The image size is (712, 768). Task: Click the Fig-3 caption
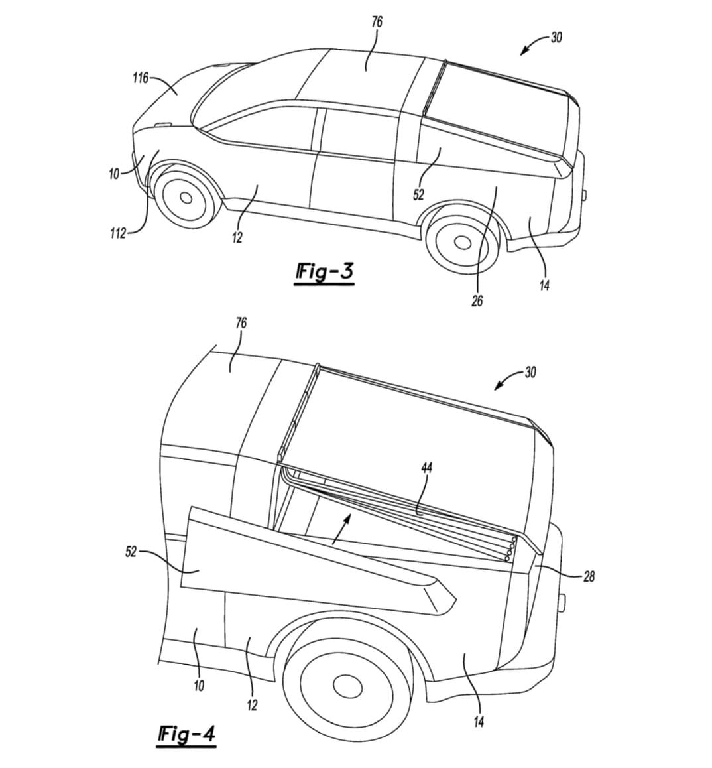pyautogui.click(x=324, y=272)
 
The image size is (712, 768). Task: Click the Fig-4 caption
pyautogui.click(x=186, y=734)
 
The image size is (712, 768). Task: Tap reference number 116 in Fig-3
pyautogui.click(x=140, y=78)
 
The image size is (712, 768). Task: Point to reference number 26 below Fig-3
pyautogui.click(x=477, y=301)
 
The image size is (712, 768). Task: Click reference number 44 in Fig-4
pyautogui.click(x=426, y=468)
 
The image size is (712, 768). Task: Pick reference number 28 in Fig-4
pyautogui.click(x=589, y=576)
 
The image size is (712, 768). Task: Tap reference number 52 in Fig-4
pyautogui.click(x=131, y=552)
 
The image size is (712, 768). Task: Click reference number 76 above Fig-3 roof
pyautogui.click(x=377, y=22)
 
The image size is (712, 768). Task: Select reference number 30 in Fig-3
pyautogui.click(x=556, y=38)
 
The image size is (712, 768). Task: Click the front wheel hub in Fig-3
pyautogui.click(x=186, y=198)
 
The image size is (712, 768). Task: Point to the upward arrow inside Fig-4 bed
pyautogui.click(x=341, y=529)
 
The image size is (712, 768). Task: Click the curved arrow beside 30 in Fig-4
pyautogui.click(x=507, y=380)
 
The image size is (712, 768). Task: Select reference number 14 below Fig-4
pyautogui.click(x=479, y=722)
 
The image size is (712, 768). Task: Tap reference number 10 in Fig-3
pyautogui.click(x=114, y=174)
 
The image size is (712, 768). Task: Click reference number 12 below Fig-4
pyautogui.click(x=252, y=705)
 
